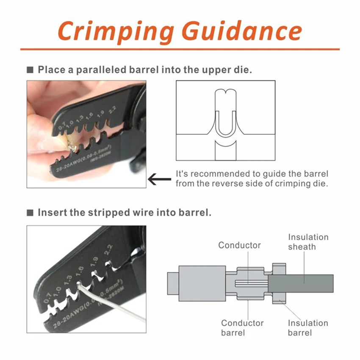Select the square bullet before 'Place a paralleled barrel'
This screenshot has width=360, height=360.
30,70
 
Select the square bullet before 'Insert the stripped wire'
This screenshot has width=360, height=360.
30,213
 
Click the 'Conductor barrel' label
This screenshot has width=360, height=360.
242,328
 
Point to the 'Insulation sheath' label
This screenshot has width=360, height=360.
308,242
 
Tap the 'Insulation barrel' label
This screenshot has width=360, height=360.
308,328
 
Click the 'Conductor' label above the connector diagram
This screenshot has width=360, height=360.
240,245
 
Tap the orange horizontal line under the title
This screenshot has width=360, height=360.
180,49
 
